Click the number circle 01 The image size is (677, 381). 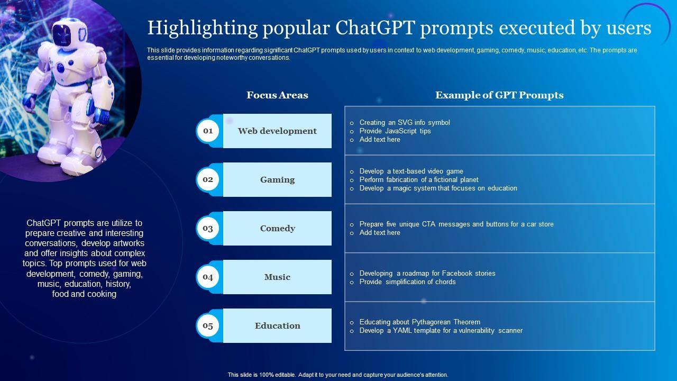tap(208, 131)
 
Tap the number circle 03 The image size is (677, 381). tap(208, 228)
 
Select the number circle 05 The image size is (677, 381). tap(208, 325)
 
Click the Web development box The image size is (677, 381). tap(277, 131)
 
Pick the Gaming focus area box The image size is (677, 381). tap(277, 179)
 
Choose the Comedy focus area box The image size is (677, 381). tap(277, 228)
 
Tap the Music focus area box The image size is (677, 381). tap(277, 277)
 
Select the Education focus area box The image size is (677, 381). tap(277, 325)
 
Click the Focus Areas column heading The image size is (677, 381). tap(277, 95)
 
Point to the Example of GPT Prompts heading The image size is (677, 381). tap(499, 95)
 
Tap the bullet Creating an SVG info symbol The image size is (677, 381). tap(405, 122)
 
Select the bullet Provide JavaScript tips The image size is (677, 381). tap(395, 131)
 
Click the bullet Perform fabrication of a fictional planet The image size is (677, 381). tap(419, 179)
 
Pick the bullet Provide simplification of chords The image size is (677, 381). tap(407, 282)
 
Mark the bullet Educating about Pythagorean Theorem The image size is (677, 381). tap(420, 322)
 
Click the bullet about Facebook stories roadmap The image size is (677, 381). tap(427, 273)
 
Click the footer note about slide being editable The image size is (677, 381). tap(338, 375)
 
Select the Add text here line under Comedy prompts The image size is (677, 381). tap(380, 232)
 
